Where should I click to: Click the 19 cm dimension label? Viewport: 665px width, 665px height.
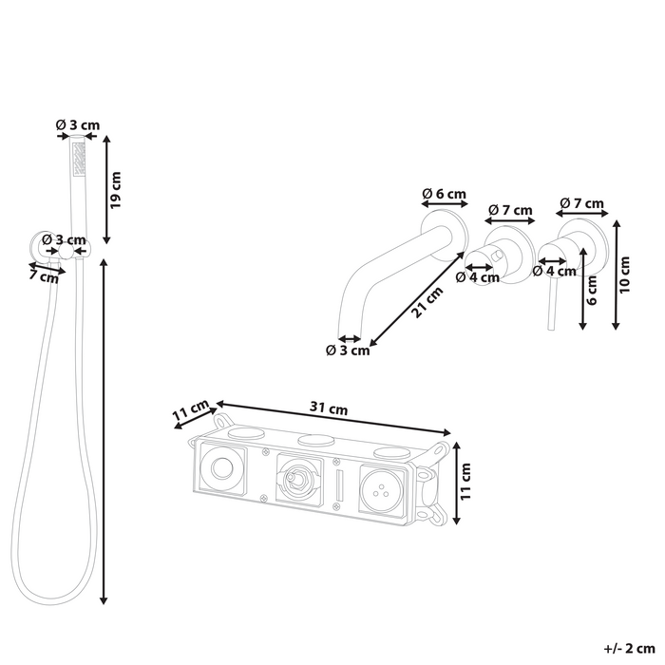point(116,190)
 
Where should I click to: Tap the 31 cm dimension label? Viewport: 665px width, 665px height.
point(329,408)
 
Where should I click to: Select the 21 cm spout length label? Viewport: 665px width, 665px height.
point(427,302)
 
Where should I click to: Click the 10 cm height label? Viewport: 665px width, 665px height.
point(624,275)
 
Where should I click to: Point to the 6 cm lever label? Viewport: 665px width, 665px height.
point(592,290)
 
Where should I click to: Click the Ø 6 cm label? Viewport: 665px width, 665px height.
point(444,194)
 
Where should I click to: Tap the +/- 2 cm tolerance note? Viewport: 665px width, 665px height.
point(629,649)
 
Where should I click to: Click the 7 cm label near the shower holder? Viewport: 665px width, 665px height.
point(44,276)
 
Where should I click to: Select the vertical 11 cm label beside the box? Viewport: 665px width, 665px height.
point(465,482)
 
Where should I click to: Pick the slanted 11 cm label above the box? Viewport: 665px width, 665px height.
point(190,410)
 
